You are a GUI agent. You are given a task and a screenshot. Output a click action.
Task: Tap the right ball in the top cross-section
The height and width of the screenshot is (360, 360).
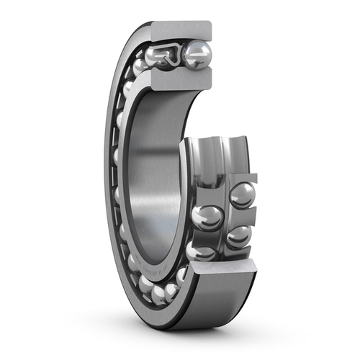point(197,55)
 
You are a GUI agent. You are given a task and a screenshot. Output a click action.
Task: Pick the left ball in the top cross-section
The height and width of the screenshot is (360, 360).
point(156,55)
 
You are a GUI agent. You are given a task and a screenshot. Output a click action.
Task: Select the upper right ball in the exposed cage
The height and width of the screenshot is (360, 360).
point(242,194)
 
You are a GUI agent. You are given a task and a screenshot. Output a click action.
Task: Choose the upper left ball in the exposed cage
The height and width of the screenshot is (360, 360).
point(207,217)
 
